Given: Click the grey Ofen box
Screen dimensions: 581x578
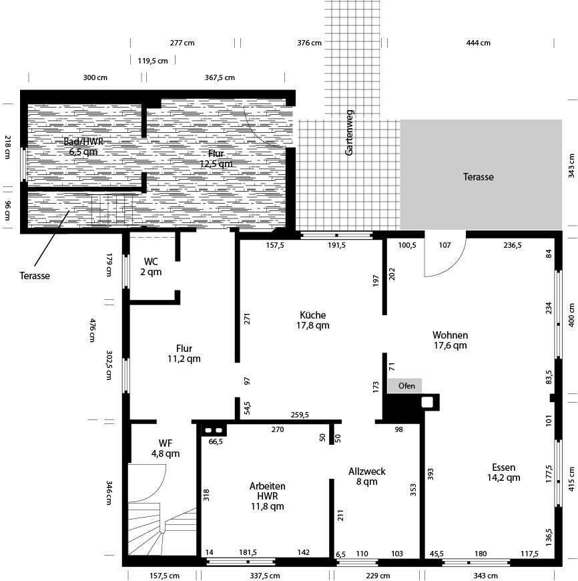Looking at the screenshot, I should pyautogui.click(x=405, y=386).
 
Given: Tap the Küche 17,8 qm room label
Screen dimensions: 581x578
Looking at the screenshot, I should pyautogui.click(x=313, y=321).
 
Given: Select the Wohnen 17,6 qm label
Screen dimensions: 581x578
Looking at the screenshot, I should pyautogui.click(x=450, y=341).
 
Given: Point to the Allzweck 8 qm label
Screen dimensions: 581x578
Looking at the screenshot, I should pyautogui.click(x=366, y=476).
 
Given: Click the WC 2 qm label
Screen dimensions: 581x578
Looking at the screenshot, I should pyautogui.click(x=151, y=266).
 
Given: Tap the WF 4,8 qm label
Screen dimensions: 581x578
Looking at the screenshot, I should pyautogui.click(x=165, y=448).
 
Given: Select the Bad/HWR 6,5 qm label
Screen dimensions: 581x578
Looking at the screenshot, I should pyautogui.click(x=83, y=147).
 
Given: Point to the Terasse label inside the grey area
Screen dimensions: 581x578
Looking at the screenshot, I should pyautogui.click(x=479, y=177).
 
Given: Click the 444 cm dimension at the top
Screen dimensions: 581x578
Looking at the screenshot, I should pyautogui.click(x=478, y=43).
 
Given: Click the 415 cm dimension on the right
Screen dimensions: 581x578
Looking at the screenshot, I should pyautogui.click(x=571, y=478).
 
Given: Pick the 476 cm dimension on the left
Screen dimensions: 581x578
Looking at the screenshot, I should pyautogui.click(x=93, y=330).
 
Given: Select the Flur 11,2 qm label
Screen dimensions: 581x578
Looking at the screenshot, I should pyautogui.click(x=184, y=353).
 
